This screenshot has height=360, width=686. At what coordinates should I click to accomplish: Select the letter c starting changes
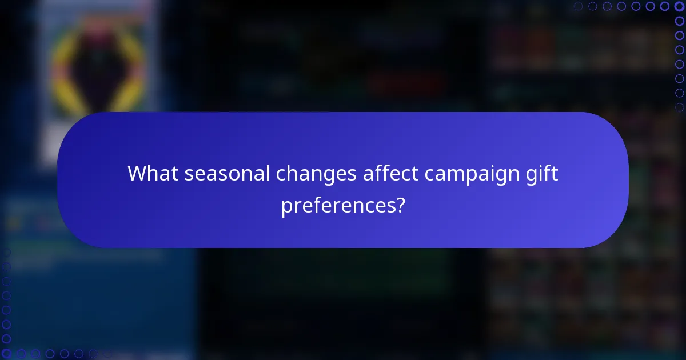coord(280,174)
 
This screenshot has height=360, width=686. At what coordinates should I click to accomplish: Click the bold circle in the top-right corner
coord(679,6)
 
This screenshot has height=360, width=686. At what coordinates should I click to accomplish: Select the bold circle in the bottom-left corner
coord(6,354)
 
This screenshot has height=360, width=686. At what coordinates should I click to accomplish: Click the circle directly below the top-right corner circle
coord(679,21)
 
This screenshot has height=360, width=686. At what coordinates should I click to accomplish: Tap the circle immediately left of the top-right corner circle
coord(665,6)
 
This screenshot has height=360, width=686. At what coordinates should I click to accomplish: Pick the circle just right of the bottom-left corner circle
coord(21,354)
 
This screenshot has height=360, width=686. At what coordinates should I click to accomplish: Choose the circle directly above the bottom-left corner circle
coord(6,339)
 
